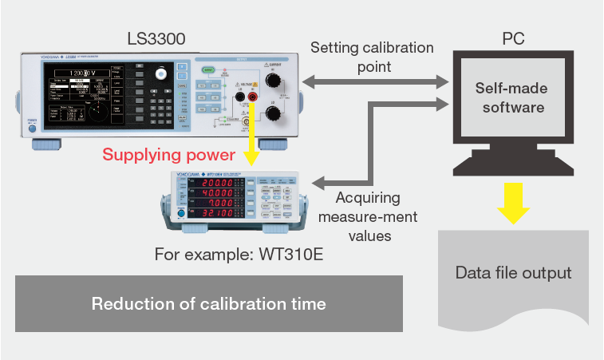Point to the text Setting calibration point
tap(371, 57)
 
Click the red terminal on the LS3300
tap(253, 97)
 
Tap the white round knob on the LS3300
tap(163, 73)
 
